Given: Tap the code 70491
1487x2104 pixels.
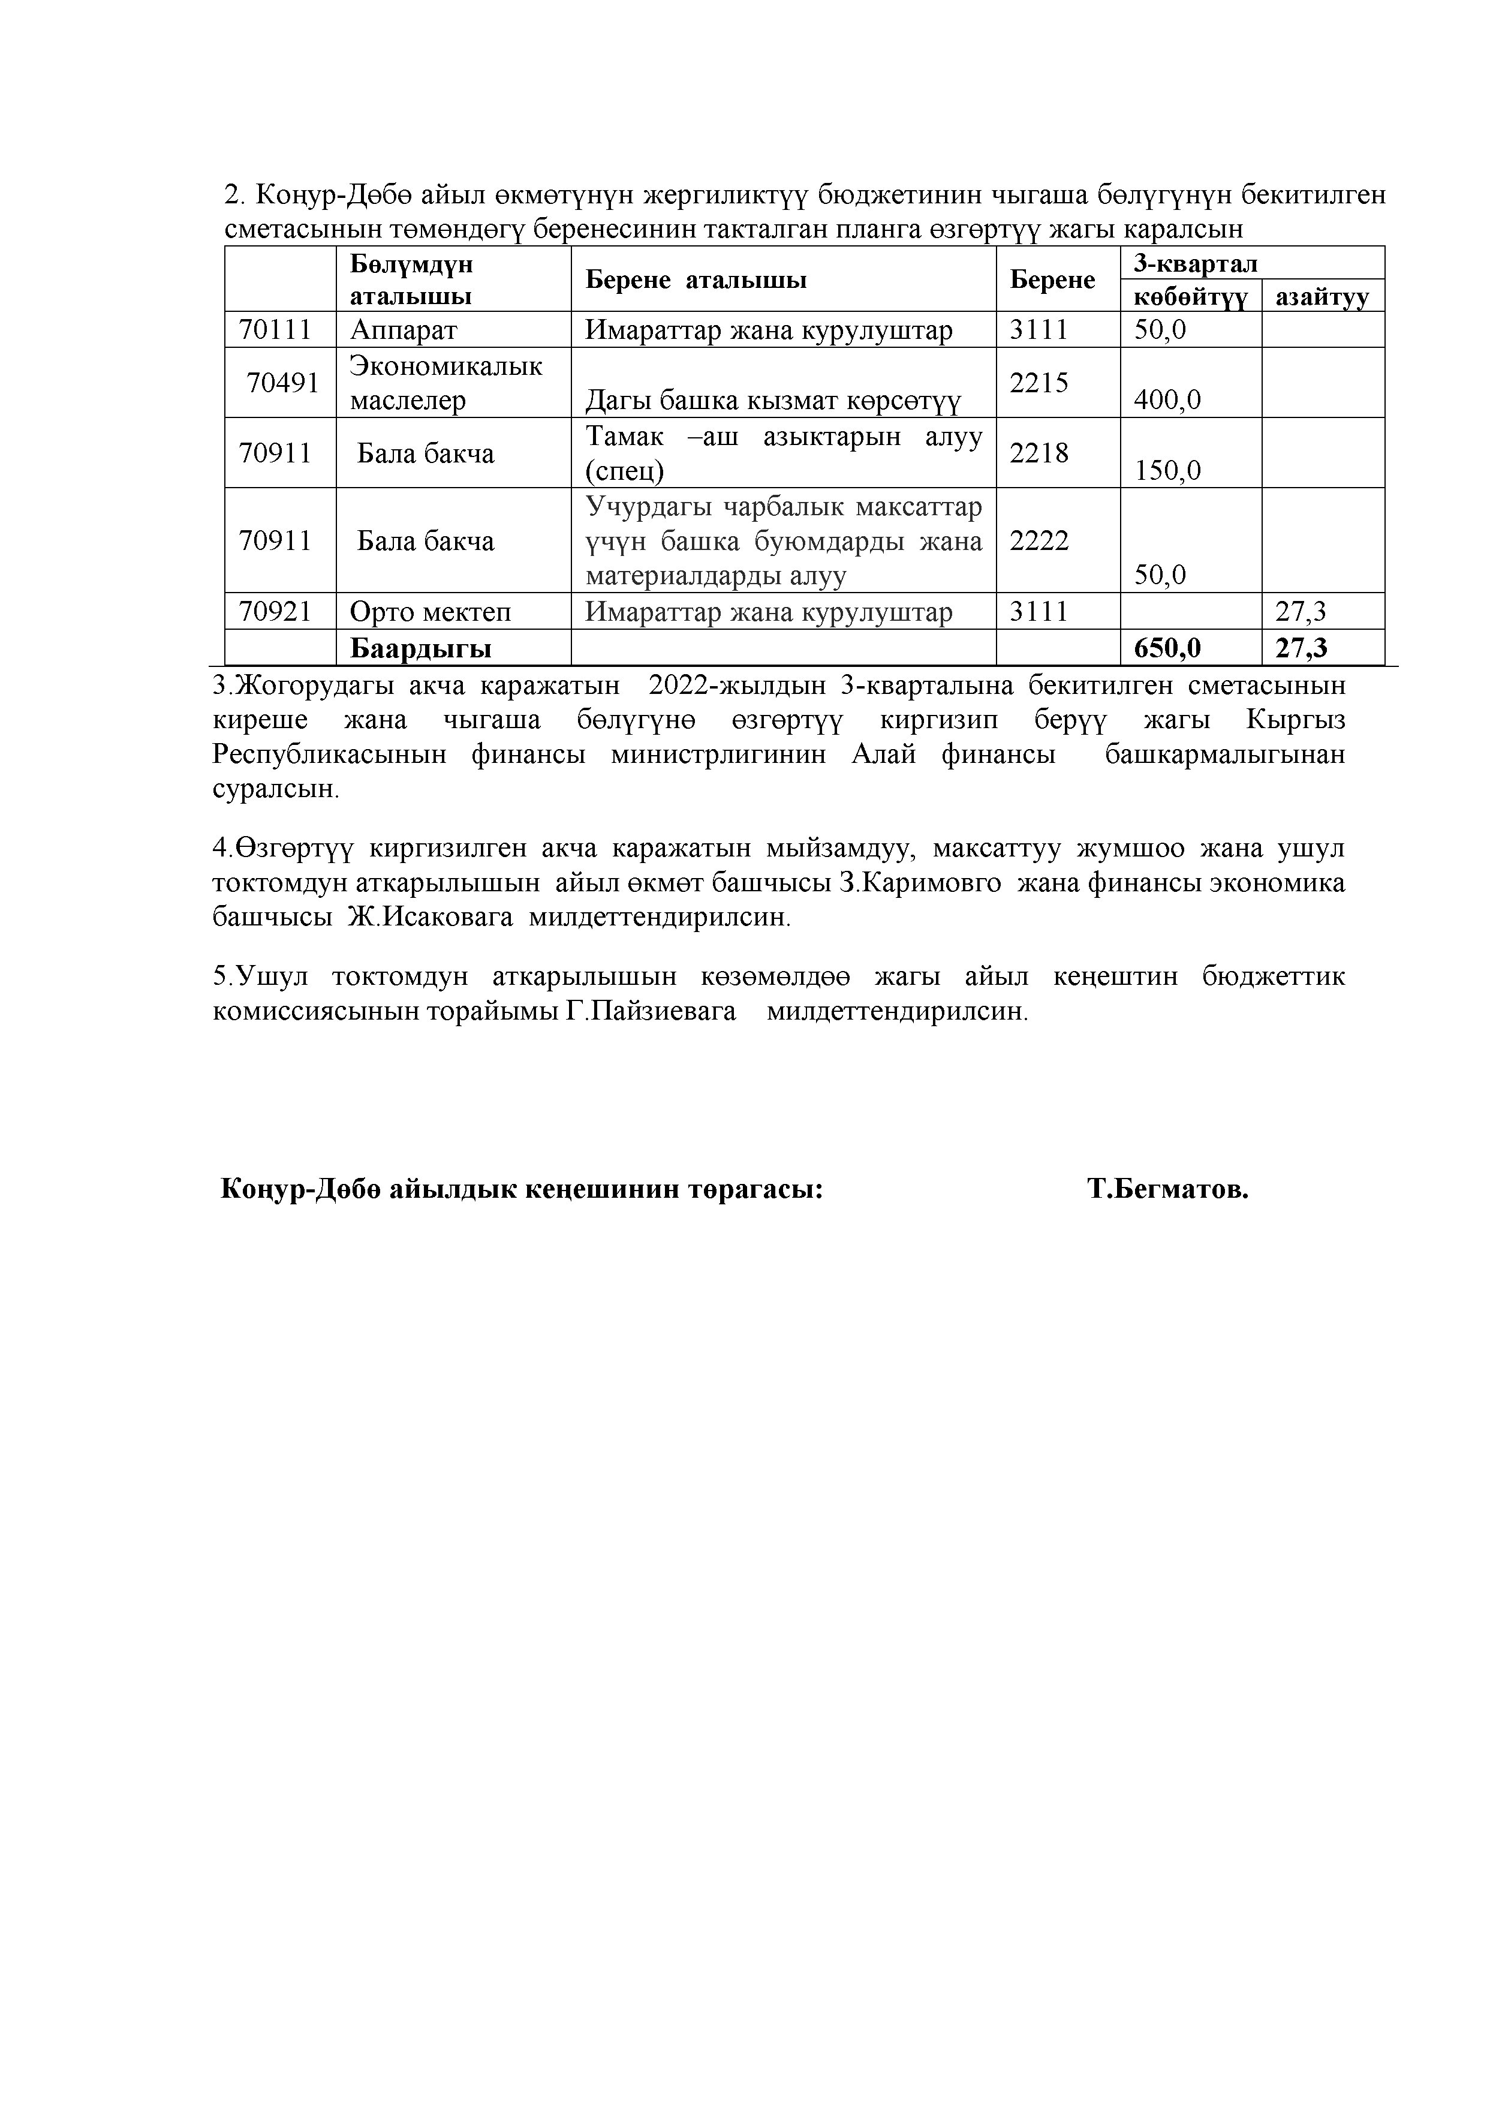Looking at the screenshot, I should (x=283, y=383).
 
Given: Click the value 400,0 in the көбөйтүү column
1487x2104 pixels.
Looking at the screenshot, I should (x=1167, y=399).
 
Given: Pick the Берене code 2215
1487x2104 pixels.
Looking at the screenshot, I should (x=1039, y=383).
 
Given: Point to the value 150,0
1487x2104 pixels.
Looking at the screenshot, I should (x=1167, y=471).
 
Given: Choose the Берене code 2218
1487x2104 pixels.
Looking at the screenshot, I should (x=1039, y=453).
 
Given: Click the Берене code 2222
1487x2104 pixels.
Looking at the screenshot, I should (x=1039, y=540).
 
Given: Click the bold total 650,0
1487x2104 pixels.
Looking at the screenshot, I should (x=1167, y=648).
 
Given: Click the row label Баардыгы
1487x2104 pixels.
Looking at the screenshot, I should (x=420, y=648).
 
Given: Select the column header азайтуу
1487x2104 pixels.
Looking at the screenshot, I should (x=1322, y=297).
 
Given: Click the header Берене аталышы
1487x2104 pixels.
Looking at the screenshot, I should (x=696, y=279).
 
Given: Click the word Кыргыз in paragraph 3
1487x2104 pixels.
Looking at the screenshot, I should (x=1296, y=720).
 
